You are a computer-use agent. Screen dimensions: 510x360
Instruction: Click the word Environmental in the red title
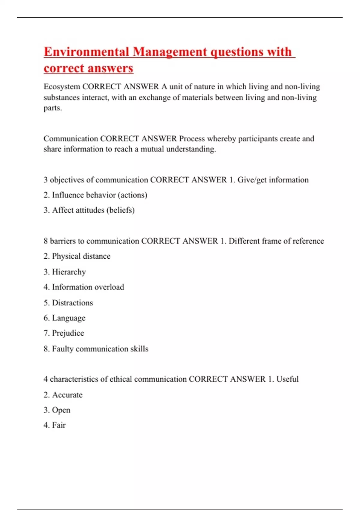86,52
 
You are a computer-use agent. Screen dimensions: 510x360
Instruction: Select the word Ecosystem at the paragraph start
62,87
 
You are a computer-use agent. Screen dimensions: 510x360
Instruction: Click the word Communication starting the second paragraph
71,139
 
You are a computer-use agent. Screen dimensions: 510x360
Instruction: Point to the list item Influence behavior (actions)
95,195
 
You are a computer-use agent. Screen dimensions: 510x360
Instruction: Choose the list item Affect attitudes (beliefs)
89,210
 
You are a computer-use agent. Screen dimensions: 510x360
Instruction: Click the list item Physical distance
77,256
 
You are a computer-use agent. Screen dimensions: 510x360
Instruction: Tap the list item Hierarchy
64,272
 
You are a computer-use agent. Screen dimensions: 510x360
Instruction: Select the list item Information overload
84,287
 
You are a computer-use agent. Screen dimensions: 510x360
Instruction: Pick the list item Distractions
68,303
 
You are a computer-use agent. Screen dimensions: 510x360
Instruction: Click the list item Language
64,318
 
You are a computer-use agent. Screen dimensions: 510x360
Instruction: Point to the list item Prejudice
64,333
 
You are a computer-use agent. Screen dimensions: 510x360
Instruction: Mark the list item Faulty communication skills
96,349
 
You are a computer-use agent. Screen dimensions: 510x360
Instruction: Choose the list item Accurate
63,395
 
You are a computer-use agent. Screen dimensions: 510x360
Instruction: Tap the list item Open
57,410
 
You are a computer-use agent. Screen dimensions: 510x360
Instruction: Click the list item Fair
55,425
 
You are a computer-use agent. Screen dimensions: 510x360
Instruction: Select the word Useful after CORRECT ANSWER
287,379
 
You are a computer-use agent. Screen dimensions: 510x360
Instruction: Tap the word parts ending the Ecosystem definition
52,108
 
